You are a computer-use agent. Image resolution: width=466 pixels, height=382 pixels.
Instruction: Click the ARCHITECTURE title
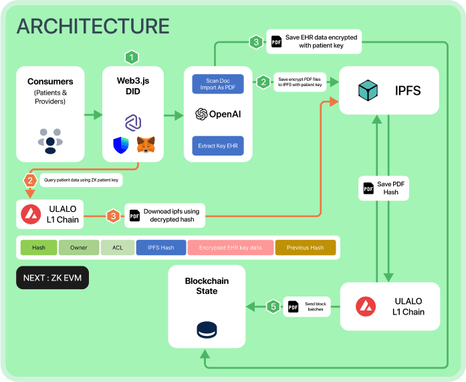pos(93,26)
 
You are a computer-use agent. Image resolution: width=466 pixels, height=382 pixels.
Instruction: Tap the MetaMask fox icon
pos(145,145)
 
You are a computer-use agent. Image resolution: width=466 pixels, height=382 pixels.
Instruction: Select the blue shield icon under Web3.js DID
pos(120,144)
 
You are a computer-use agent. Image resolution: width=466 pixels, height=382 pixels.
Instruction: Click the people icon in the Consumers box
pos(51,138)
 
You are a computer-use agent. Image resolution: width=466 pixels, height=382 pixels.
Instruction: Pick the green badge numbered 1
pos(132,57)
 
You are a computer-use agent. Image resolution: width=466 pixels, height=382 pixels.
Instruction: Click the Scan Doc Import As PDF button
pos(217,84)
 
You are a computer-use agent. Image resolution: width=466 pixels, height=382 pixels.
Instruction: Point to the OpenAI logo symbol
pos(201,114)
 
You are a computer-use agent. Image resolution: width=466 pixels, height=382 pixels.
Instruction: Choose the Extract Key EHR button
pos(217,145)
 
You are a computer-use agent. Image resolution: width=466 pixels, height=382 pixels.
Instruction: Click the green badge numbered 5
pos(273,307)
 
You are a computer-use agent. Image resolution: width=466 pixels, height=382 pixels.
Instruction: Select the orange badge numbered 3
pos(114,216)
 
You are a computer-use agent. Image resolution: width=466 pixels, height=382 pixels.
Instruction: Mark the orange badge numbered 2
pos(29,180)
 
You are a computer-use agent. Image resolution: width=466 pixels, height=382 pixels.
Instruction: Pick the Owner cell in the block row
pos(79,248)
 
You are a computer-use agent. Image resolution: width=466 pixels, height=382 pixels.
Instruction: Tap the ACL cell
pos(118,248)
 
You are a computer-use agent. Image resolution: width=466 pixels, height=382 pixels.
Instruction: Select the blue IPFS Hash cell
pos(160,248)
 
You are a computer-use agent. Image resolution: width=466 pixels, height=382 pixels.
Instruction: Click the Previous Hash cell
pos(305,248)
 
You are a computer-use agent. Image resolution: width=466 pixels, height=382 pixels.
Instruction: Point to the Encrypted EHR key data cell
pos(230,248)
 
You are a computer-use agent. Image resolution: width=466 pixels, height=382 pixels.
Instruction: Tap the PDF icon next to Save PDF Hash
pos(368,188)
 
